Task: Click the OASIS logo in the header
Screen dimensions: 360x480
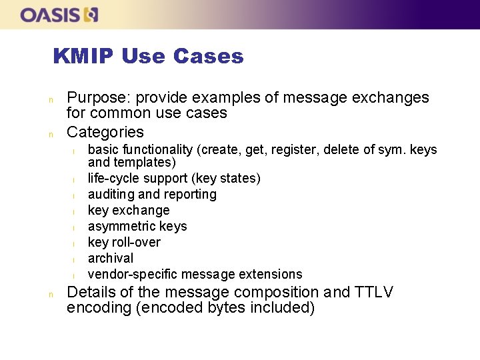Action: click(x=59, y=14)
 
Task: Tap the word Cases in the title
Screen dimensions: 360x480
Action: click(x=208, y=57)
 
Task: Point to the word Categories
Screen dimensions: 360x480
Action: click(x=105, y=131)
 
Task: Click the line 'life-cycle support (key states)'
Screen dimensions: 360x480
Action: click(x=174, y=178)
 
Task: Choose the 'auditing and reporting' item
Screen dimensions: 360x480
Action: click(x=152, y=194)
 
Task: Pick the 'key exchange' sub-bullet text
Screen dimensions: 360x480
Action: click(x=129, y=210)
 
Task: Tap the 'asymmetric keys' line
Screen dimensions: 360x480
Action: click(x=137, y=226)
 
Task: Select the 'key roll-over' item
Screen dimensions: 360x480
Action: click(x=124, y=242)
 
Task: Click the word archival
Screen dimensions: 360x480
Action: click(x=111, y=258)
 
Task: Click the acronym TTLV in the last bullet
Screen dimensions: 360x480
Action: click(x=374, y=292)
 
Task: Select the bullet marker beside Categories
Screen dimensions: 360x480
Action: click(x=51, y=133)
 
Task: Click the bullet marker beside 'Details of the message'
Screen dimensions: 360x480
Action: click(x=51, y=293)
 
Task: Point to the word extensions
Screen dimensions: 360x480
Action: click(x=272, y=274)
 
